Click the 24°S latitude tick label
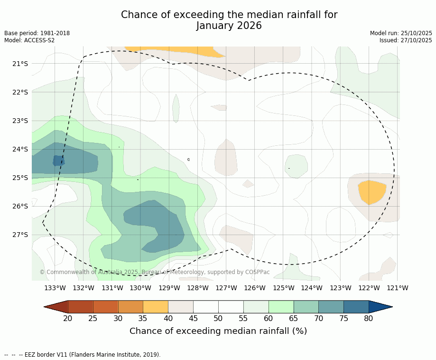coord(19,149)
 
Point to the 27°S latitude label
coord(19,235)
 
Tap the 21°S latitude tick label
coord(19,64)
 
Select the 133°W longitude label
coord(55,288)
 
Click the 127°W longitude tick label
coord(226,288)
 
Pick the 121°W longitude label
coord(398,288)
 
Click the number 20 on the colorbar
coord(68,318)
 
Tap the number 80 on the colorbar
coord(369,318)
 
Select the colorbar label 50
coord(218,318)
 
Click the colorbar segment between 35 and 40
coord(156,307)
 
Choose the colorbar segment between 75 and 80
coord(356,307)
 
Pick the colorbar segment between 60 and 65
coord(281,307)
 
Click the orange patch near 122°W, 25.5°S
coord(371,191)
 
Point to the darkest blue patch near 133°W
coord(58,161)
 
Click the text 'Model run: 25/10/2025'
coord(401,33)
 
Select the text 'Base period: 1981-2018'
coord(37,33)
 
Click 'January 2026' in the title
coord(229,26)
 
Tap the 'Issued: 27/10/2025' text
coord(406,40)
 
